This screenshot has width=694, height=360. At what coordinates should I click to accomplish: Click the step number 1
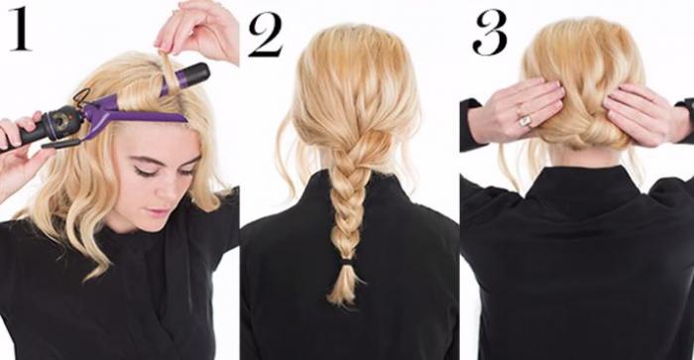point(20,29)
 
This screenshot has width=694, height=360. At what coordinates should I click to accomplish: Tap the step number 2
point(266,35)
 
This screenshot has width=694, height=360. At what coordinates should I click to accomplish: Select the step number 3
point(490,32)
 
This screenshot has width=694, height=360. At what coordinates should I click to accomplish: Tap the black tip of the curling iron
point(194,74)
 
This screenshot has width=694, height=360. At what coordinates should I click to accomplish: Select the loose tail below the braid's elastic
point(343,286)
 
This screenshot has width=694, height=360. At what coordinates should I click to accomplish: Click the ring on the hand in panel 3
point(524,120)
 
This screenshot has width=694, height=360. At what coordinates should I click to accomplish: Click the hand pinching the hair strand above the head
point(198,30)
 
